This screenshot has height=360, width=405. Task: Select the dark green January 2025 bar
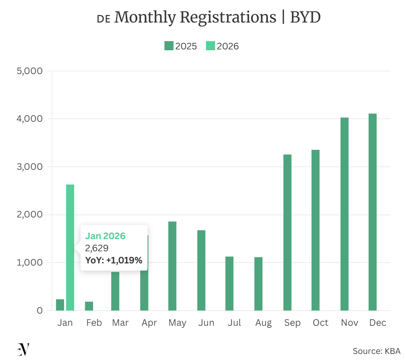(60, 305)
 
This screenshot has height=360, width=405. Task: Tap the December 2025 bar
(373, 212)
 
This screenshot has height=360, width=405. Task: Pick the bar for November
(344, 214)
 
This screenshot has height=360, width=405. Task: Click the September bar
(287, 232)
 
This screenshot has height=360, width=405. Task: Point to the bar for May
(172, 266)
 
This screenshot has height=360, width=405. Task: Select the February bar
(89, 306)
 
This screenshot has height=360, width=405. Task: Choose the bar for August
(258, 284)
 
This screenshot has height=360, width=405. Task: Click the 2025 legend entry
(181, 46)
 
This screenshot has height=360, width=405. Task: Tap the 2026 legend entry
(222, 46)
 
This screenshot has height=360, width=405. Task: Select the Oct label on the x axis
(321, 323)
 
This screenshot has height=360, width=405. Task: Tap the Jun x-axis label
(206, 323)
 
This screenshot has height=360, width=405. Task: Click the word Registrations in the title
(228, 18)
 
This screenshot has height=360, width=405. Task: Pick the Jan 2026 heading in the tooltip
(105, 236)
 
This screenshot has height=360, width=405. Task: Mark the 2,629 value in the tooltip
(96, 248)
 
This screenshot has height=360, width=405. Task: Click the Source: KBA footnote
(376, 351)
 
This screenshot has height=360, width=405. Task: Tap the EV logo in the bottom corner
(23, 349)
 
